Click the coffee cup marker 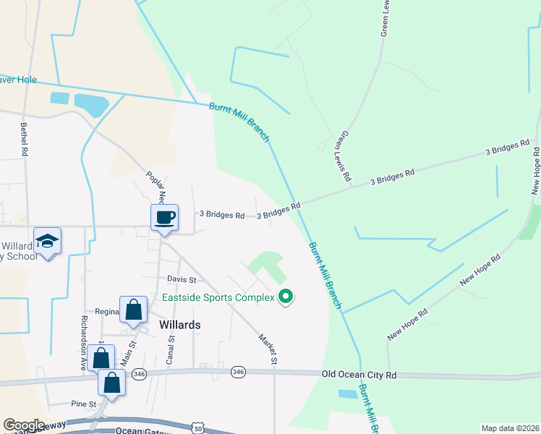(x=164, y=217)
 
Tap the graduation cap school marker (x=48, y=240)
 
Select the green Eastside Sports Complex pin (x=286, y=297)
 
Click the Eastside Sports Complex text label (x=218, y=297)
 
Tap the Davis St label (x=182, y=279)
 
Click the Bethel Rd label (x=24, y=140)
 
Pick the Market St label (x=268, y=348)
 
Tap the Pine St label (x=84, y=403)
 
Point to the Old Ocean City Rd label (x=359, y=375)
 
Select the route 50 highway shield (x=197, y=428)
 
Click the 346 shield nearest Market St (x=238, y=372)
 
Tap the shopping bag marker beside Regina (x=134, y=310)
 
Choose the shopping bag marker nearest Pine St (x=112, y=382)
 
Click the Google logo (x=24, y=425)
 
